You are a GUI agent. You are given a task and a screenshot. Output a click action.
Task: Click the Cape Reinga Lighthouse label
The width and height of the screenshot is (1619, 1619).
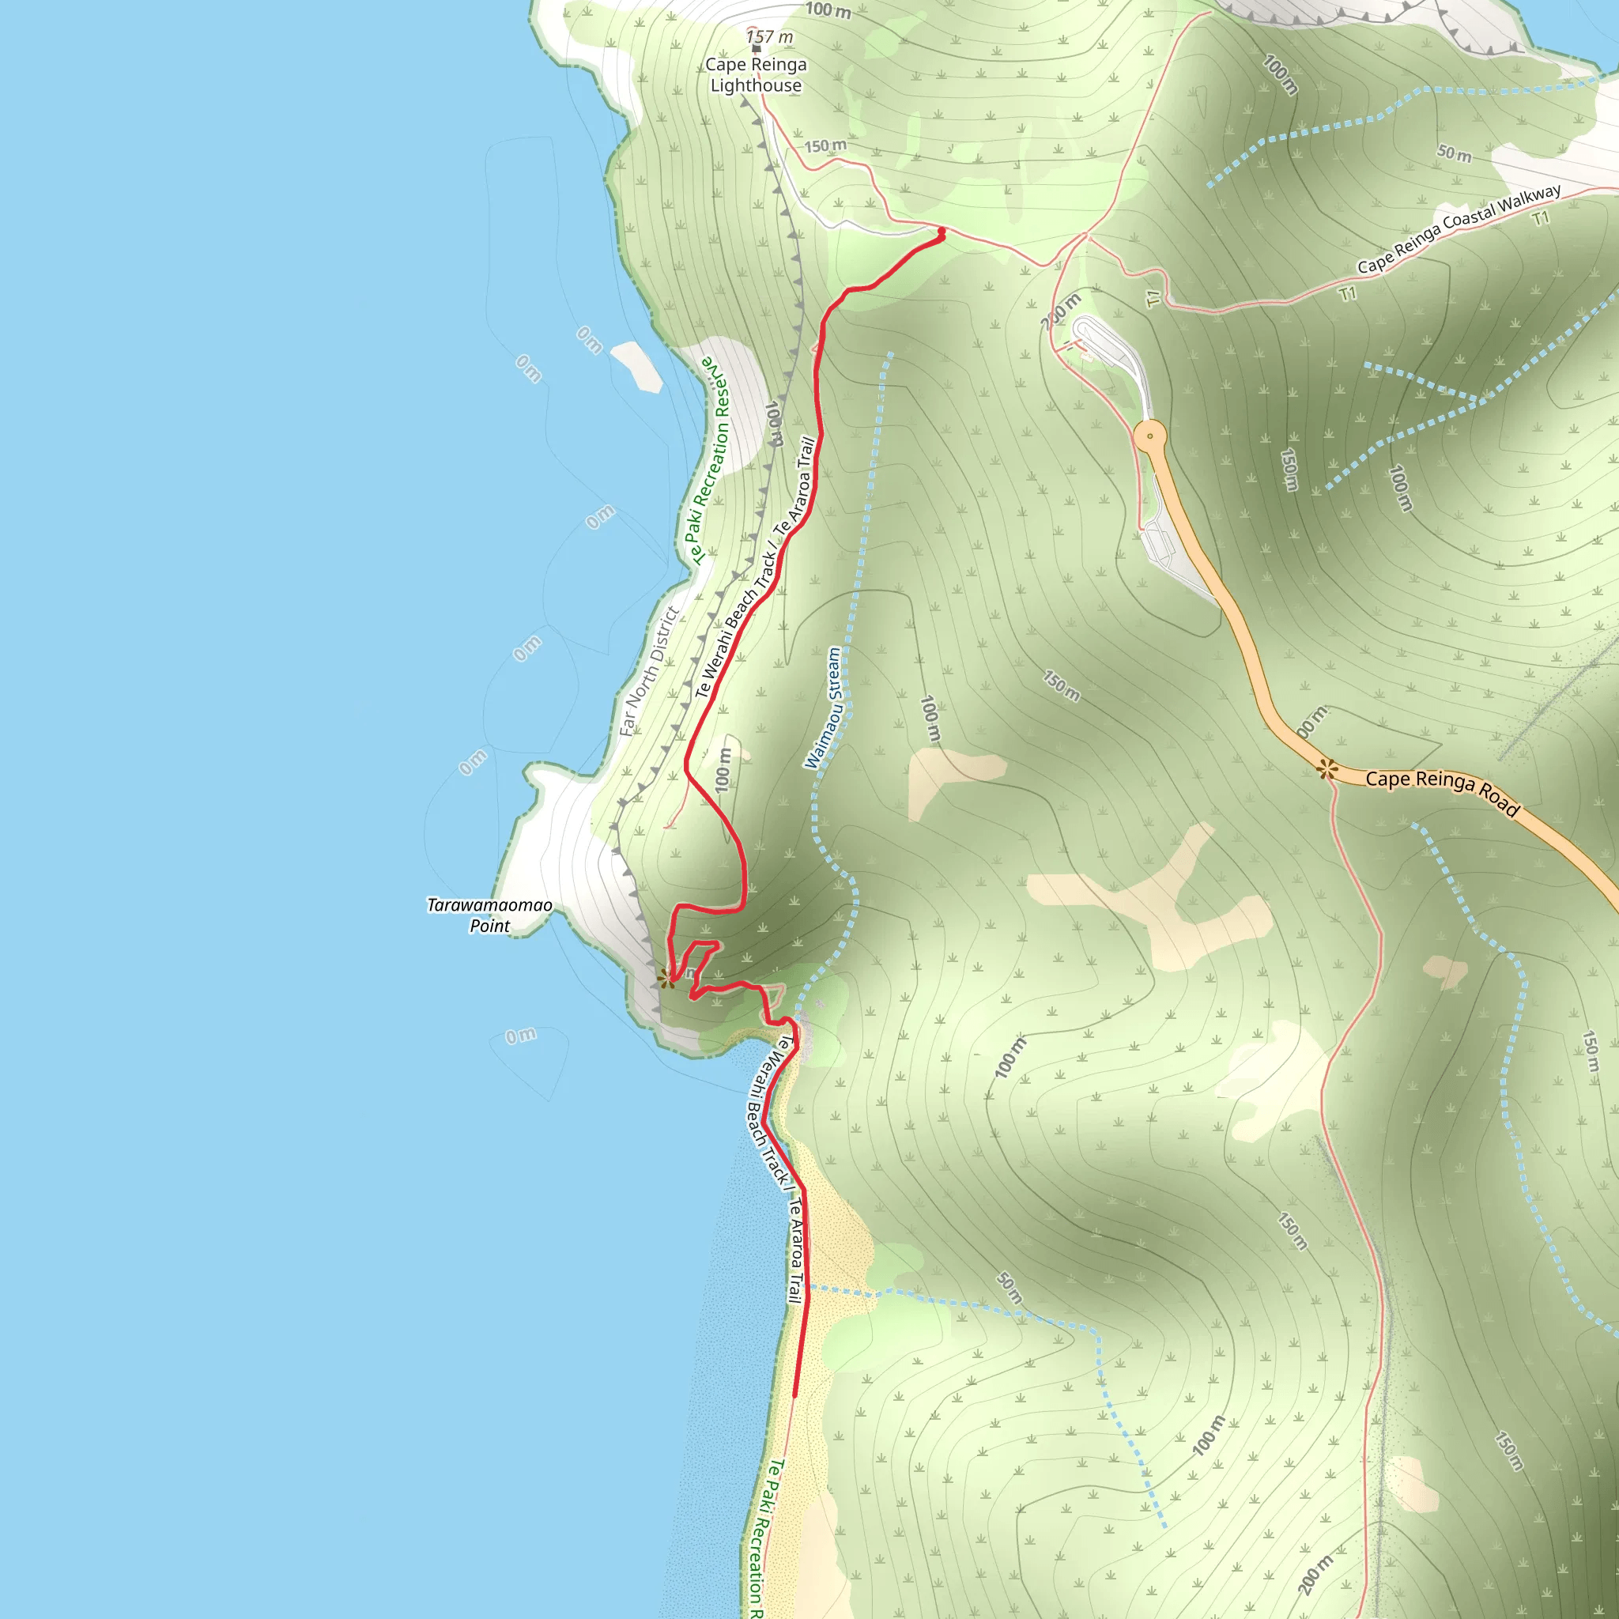(755, 74)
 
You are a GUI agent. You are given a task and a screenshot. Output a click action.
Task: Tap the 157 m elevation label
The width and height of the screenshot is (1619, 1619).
(769, 37)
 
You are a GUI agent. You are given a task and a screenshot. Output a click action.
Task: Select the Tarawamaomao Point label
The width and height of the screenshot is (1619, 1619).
(489, 915)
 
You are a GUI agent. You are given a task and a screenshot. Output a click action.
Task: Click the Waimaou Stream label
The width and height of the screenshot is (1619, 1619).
(823, 708)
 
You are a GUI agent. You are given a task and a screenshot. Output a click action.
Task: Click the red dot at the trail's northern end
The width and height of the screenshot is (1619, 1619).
(941, 232)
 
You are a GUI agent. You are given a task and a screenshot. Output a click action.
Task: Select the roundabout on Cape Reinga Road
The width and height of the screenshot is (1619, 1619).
(1149, 436)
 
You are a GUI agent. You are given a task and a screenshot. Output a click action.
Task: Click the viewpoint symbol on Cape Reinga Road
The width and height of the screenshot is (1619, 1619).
(1327, 768)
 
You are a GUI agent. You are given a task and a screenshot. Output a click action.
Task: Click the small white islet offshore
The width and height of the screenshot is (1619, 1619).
(637, 366)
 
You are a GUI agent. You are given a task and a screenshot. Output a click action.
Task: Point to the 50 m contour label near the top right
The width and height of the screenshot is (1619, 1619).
(1454, 153)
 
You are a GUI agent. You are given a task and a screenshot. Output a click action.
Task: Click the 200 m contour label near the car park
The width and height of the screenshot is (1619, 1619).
(1061, 311)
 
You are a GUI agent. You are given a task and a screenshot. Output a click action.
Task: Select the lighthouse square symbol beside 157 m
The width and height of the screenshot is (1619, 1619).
(756, 48)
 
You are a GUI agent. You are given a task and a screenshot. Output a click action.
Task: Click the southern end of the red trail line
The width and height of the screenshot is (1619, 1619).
(794, 1395)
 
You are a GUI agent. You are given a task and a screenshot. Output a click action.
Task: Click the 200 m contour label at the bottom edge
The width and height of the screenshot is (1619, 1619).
(1315, 1575)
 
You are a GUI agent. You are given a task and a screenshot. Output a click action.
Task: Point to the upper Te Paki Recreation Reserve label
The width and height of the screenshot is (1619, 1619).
(709, 461)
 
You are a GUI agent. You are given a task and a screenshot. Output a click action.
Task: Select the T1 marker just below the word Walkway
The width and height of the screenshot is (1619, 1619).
(1541, 220)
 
